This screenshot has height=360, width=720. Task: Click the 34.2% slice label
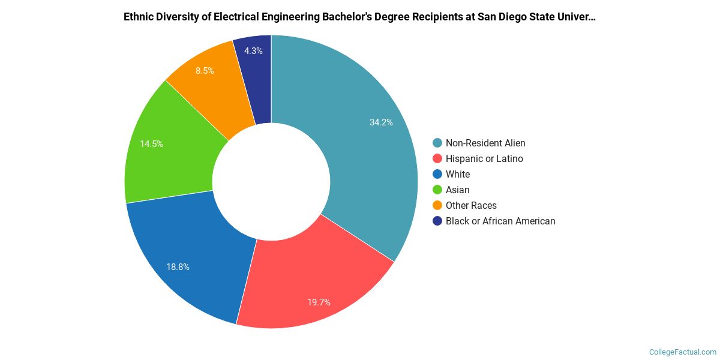click(x=381, y=122)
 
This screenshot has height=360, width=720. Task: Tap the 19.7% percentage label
click(x=319, y=302)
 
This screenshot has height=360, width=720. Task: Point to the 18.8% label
click(x=178, y=267)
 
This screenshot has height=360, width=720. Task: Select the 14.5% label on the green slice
click(x=151, y=144)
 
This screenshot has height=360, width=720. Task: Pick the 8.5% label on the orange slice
click(x=205, y=70)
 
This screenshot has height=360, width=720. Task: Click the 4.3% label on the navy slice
click(x=253, y=51)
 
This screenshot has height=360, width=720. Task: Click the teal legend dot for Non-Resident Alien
click(x=437, y=143)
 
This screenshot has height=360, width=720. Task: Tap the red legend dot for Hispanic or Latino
click(x=437, y=158)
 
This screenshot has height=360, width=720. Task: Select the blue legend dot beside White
click(x=437, y=174)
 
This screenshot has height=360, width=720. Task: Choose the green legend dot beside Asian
click(x=437, y=190)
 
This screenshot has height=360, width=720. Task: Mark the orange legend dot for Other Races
click(x=437, y=205)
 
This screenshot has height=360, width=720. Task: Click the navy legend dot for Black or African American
click(x=437, y=221)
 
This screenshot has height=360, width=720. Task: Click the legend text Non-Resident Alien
click(x=485, y=143)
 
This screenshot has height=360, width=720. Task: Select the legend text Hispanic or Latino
click(x=484, y=158)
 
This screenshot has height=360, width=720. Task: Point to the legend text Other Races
click(x=471, y=205)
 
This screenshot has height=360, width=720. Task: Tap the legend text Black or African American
click(x=500, y=221)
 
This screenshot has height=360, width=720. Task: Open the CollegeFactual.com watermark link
click(x=683, y=352)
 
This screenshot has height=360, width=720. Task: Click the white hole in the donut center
click(x=271, y=181)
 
